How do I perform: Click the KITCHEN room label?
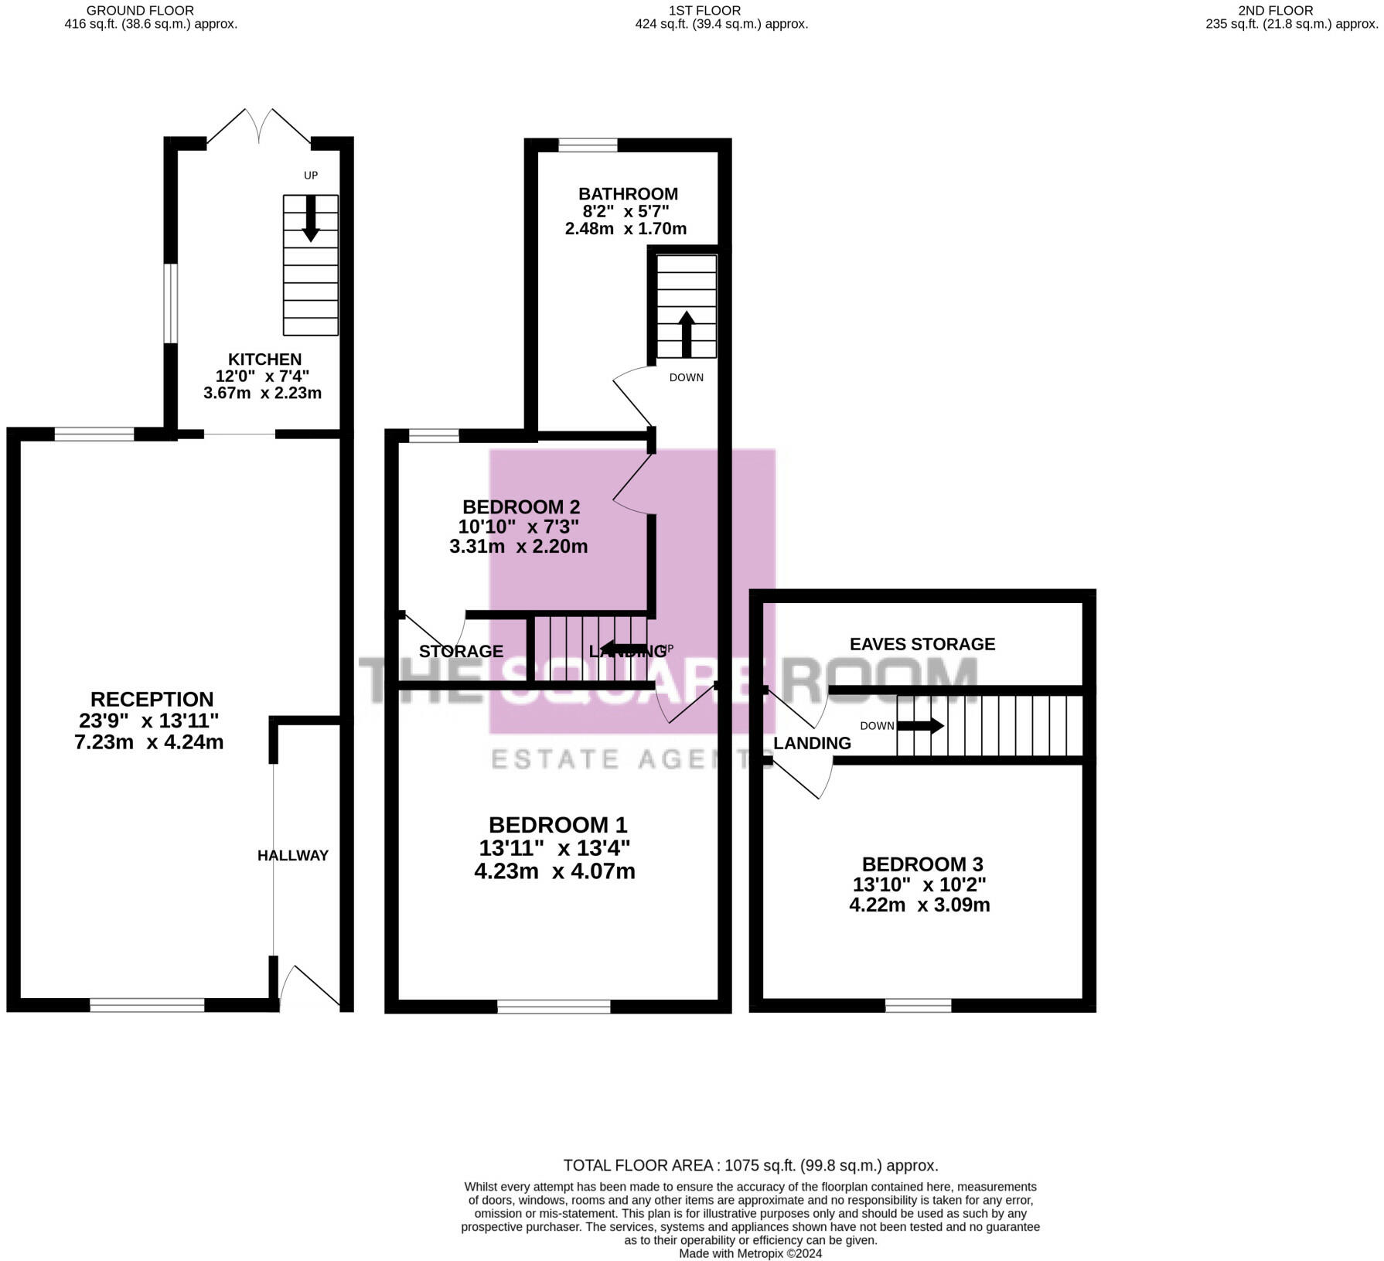[264, 360]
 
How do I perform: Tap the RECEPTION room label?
[152, 699]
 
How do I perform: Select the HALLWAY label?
[293, 855]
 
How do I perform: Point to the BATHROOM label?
[628, 194]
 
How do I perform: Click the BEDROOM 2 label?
[521, 507]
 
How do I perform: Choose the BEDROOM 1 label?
[557, 825]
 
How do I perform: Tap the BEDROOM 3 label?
[922, 864]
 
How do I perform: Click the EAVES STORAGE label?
[922, 644]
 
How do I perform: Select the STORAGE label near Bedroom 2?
[461, 651]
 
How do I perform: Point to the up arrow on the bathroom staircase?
[687, 334]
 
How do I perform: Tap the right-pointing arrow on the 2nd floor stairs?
[921, 726]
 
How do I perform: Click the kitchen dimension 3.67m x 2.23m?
[262, 393]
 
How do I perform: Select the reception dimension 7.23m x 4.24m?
[149, 742]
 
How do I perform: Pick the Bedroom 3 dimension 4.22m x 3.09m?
[919, 905]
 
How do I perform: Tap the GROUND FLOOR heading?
[140, 11]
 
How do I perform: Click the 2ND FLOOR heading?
[1276, 11]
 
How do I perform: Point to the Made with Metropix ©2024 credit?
[751, 1253]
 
